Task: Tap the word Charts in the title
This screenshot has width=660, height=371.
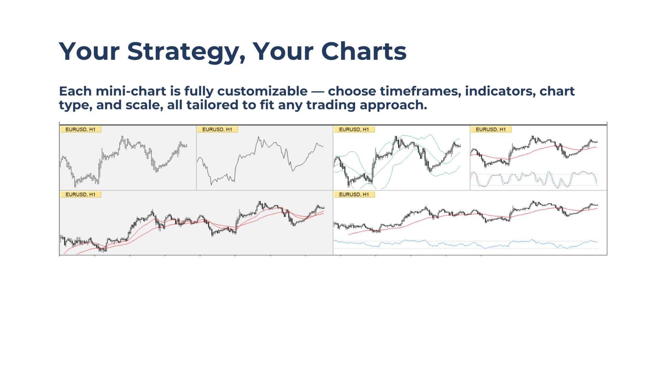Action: (x=364, y=51)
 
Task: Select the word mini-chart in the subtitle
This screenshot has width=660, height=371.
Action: (x=131, y=91)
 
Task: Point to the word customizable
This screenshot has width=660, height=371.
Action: (x=263, y=91)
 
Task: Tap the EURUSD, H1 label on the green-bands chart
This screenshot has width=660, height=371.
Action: (x=354, y=130)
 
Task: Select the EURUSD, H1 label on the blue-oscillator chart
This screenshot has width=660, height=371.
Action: (x=354, y=194)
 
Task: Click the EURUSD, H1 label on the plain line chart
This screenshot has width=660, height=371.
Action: (x=217, y=130)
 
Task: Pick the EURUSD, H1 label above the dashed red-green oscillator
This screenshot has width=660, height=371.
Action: (x=491, y=130)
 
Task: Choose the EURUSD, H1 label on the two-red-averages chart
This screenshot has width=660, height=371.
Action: (x=80, y=194)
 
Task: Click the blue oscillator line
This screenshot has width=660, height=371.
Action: (x=466, y=244)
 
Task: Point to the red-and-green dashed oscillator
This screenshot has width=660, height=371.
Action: (x=534, y=179)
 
